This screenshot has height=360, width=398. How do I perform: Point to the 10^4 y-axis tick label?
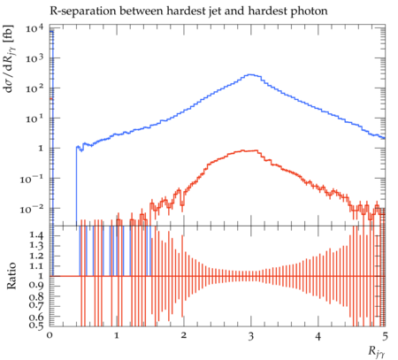pyautogui.click(x=34, y=28)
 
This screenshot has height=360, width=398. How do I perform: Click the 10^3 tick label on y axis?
pyautogui.click(x=34, y=58)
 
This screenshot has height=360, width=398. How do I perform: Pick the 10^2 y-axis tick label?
pyautogui.click(x=34, y=88)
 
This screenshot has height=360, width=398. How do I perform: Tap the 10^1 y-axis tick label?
pyautogui.click(x=34, y=119)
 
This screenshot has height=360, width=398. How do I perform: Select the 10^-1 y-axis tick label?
pyautogui.click(x=32, y=179)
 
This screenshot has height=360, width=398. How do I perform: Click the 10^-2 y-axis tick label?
pyautogui.click(x=32, y=209)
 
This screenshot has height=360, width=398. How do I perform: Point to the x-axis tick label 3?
pyautogui.click(x=250, y=336)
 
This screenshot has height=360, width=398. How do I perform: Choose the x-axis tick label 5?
pyautogui.click(x=385, y=336)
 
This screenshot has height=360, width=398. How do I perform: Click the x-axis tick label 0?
pyautogui.click(x=50, y=336)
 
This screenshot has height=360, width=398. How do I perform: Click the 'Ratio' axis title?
pyautogui.click(x=11, y=276)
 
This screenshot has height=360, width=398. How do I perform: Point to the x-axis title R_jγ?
pyautogui.click(x=377, y=352)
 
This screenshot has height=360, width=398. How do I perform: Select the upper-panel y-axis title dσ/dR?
pyautogui.click(x=11, y=59)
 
